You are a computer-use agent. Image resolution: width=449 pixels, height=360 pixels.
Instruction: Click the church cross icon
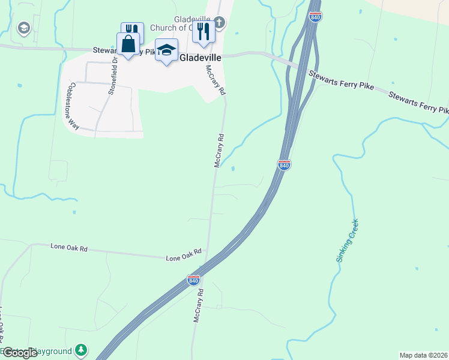point(219,24)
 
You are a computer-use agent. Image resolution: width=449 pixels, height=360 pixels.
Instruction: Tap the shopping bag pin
point(128,44)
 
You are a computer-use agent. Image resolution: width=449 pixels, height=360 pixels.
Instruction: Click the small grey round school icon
point(24,28)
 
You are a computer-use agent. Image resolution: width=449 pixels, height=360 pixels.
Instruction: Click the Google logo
point(19,353)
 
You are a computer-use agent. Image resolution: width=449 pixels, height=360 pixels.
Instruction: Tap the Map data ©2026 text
point(423,355)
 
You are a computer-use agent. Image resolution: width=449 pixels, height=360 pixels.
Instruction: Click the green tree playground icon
point(82,350)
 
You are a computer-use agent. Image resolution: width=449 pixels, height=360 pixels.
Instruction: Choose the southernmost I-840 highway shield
point(193,280)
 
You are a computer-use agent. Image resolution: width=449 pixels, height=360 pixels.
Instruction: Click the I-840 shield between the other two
point(285,164)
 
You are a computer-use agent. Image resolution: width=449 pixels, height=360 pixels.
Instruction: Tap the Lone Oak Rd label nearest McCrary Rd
point(184,256)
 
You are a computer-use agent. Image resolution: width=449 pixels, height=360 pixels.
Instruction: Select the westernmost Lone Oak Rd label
point(69,247)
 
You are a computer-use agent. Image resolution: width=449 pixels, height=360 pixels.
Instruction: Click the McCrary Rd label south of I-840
point(197,306)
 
